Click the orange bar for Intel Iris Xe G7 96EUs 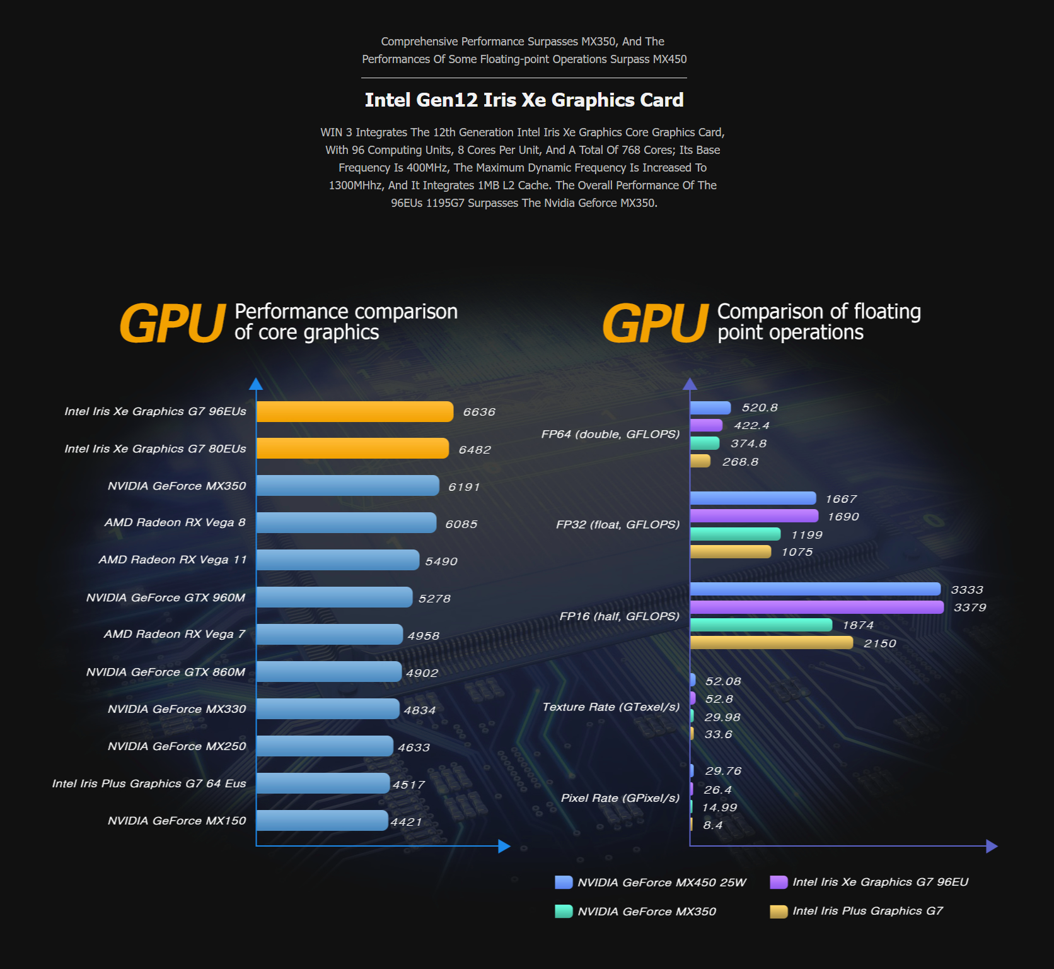coord(355,411)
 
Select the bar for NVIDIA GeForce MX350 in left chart coord(348,486)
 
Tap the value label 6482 coord(475,450)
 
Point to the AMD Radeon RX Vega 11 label coord(173,560)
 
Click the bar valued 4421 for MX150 coord(322,821)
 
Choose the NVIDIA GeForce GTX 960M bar coord(335,597)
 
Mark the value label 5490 coord(441,561)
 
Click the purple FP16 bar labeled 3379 coord(817,607)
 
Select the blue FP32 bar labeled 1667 coord(753,498)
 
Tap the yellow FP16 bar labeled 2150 coord(772,643)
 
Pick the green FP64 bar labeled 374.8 coord(705,443)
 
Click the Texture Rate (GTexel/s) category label coord(611,707)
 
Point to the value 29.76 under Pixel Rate coord(723,771)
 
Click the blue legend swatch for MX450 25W coord(564,882)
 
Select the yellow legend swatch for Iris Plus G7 coord(779,912)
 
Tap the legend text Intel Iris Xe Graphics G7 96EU coord(881,882)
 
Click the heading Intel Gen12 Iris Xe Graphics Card coord(524,100)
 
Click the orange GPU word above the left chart coord(173,323)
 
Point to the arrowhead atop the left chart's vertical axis coord(256,384)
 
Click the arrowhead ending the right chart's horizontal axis coord(992,846)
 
